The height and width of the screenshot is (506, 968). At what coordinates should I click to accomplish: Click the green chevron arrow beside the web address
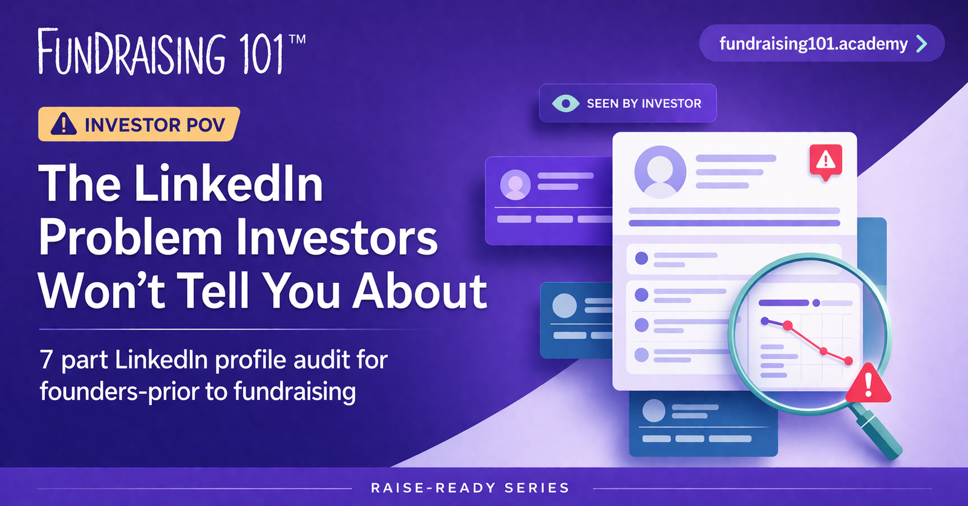tap(921, 44)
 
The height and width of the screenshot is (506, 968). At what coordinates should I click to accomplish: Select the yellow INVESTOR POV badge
tap(139, 125)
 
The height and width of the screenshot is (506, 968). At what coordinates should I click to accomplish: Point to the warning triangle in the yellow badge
tap(64, 124)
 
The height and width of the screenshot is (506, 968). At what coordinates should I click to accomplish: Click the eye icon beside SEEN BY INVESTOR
tap(566, 103)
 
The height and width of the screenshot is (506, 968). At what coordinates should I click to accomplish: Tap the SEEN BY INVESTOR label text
tap(644, 103)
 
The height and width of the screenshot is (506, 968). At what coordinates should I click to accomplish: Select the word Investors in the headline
tap(336, 237)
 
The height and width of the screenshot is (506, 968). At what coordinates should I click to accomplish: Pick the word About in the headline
tap(420, 291)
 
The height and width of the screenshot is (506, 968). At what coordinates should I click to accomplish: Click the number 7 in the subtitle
tap(46, 360)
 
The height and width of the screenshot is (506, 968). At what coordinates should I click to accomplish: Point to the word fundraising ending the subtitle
tap(295, 391)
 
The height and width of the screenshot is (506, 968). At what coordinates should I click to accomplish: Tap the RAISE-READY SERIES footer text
tap(470, 488)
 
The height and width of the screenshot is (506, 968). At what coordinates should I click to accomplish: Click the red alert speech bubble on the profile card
tap(825, 161)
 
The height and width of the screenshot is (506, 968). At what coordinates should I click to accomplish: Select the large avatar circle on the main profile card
tap(659, 172)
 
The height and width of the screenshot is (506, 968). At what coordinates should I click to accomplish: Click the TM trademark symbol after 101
tap(297, 39)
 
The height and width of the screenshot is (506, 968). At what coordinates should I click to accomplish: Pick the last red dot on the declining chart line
tap(848, 361)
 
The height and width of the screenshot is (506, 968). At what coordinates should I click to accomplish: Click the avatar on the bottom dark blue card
tap(653, 410)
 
